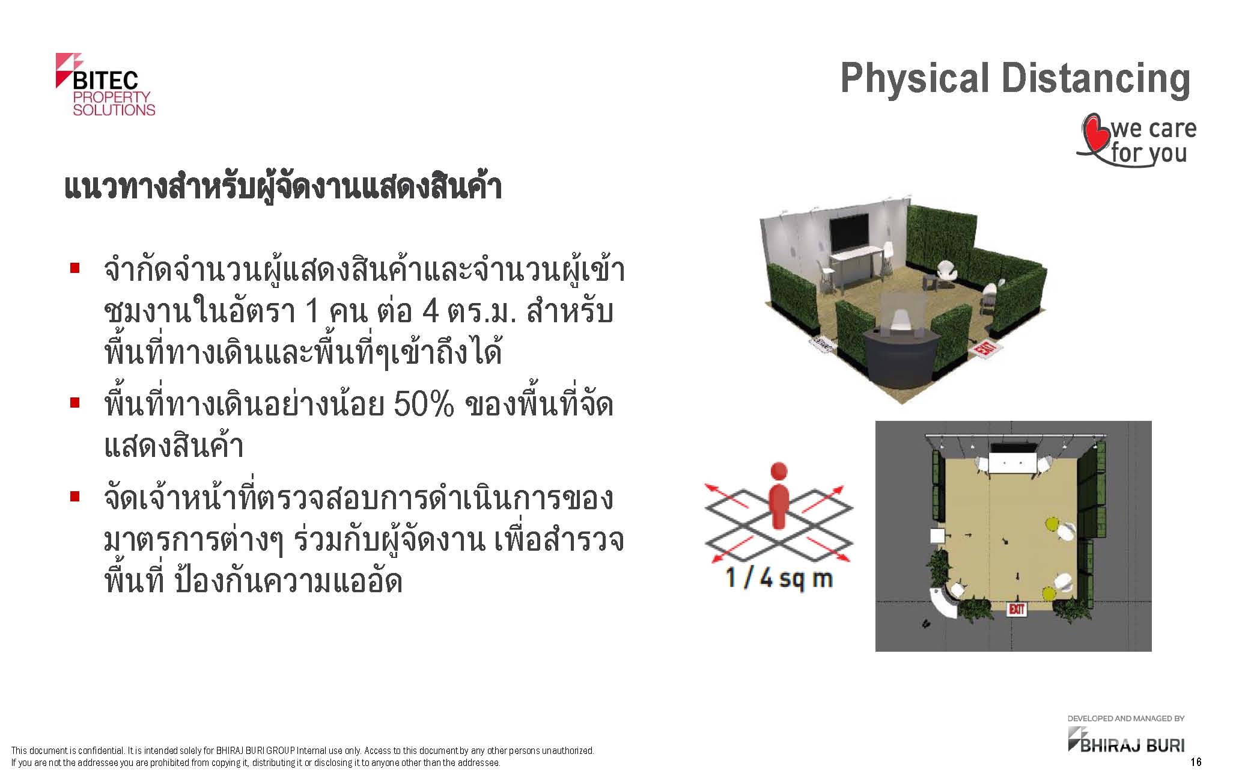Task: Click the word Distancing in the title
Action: pyautogui.click(x=1096, y=79)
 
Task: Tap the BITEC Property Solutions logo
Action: pyautogui.click(x=105, y=84)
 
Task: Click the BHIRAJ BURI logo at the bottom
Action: pyautogui.click(x=1126, y=740)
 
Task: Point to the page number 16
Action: pyautogui.click(x=1196, y=762)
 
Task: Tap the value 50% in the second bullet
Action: pyautogui.click(x=424, y=405)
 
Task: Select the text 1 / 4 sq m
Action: pyautogui.click(x=779, y=578)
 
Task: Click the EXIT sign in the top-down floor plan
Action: pyautogui.click(x=1016, y=610)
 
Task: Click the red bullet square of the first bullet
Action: pyautogui.click(x=75, y=268)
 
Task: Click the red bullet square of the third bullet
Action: pyautogui.click(x=75, y=497)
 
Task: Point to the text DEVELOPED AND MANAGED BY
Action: pyautogui.click(x=1126, y=718)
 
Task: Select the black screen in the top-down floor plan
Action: pyautogui.click(x=1014, y=448)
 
